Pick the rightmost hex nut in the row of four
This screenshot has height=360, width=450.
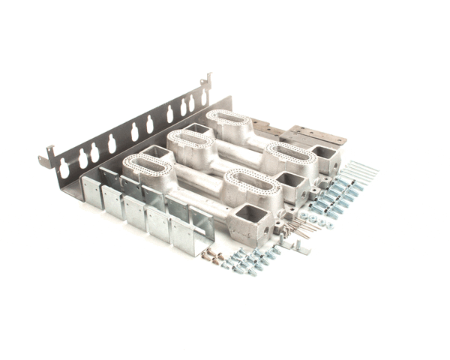pyautogui.click(x=328, y=223)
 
